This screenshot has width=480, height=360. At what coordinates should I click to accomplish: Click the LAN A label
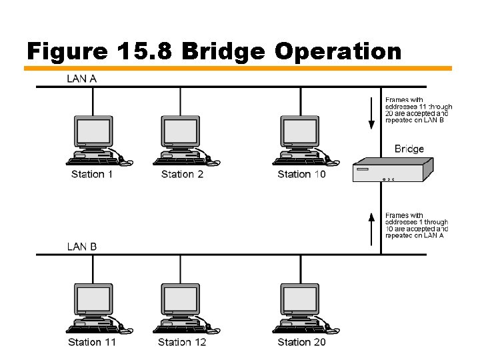(x=81, y=78)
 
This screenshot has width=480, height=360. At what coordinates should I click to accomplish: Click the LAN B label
(x=81, y=246)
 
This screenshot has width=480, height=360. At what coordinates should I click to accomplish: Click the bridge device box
(x=393, y=170)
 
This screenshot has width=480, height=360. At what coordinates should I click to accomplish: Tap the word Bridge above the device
(x=409, y=149)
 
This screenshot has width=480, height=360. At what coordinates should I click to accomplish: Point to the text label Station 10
(x=301, y=175)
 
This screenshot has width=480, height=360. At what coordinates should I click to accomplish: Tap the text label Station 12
(x=182, y=342)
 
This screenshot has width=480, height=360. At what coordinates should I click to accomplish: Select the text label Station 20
(x=301, y=342)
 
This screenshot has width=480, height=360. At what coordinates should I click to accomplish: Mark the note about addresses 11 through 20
(x=418, y=109)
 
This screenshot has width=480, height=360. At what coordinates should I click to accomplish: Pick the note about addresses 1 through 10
(x=416, y=225)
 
